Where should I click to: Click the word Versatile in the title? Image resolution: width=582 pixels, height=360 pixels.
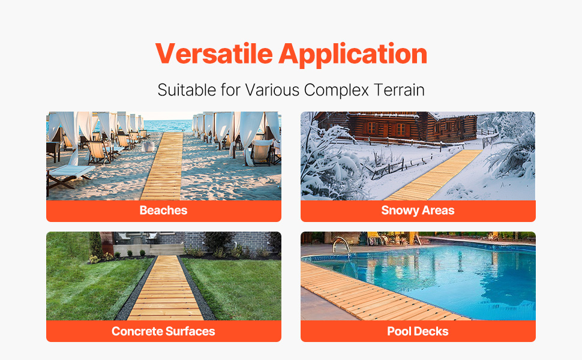point(214,54)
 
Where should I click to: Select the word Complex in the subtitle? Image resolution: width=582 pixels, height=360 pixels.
point(336,90)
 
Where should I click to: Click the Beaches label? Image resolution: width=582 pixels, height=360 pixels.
point(163,211)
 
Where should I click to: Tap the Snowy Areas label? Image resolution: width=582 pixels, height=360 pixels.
point(418,211)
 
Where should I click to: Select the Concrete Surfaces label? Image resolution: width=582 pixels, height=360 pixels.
point(163,331)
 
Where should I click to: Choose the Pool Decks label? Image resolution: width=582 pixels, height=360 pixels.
point(418,331)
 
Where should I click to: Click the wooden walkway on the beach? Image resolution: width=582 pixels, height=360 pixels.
point(164,167)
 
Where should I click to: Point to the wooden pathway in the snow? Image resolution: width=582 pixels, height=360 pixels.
point(434,175)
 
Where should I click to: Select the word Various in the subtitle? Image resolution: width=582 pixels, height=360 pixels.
point(272,90)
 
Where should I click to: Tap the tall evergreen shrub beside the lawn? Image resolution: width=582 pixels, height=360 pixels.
point(96,245)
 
